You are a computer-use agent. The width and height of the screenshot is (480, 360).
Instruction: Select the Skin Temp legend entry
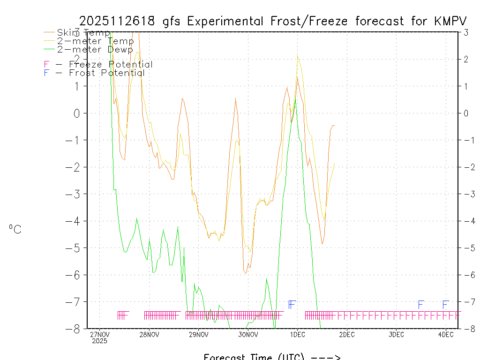click(83, 33)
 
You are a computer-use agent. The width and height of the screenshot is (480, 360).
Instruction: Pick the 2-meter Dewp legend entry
click(95, 49)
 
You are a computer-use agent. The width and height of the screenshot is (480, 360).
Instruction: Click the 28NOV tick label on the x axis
click(149, 335)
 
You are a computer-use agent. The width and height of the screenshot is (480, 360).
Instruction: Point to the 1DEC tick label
click(297, 335)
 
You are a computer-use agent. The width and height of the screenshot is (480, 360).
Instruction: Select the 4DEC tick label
click(445, 335)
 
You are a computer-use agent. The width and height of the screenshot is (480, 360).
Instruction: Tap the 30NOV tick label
click(248, 335)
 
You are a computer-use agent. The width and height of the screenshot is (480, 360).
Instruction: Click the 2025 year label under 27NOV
click(99, 341)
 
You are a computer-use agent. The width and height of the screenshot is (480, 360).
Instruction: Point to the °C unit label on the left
click(15, 229)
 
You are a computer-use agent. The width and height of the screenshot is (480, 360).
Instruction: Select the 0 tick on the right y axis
click(466, 113)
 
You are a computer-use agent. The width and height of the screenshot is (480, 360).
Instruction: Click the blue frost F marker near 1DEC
click(291, 305)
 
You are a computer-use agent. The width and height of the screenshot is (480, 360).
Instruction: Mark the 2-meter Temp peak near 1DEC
click(297, 56)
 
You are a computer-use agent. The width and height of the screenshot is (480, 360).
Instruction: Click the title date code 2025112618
click(119, 22)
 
